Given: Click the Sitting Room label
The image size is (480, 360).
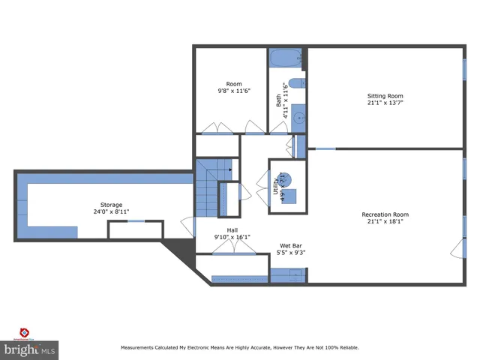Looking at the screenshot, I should pyautogui.click(x=385, y=96).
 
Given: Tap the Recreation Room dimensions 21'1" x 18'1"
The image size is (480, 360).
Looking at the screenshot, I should pyautogui.click(x=385, y=221).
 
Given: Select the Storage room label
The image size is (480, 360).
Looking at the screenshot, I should pyautogui.click(x=111, y=205).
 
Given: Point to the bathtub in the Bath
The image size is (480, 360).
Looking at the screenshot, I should pyautogui.click(x=286, y=55).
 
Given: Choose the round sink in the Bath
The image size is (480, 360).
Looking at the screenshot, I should pyautogui.click(x=298, y=117).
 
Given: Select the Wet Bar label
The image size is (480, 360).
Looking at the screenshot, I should pyautogui.click(x=291, y=245).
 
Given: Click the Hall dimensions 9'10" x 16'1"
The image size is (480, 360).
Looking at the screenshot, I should pyautogui.click(x=232, y=237).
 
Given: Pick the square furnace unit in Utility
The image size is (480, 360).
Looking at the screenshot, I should pyautogui.click(x=289, y=197).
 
